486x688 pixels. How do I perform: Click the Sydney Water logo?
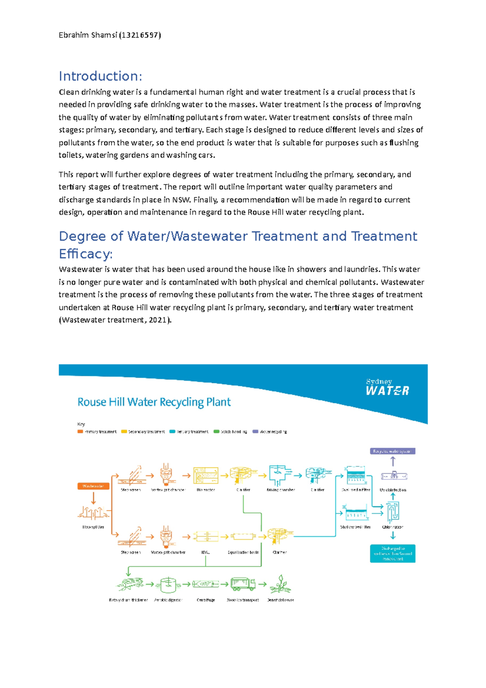coord(387,387)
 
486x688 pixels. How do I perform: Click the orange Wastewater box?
coord(93,486)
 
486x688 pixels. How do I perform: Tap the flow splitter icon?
coord(93,513)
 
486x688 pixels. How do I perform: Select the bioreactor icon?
coord(206,475)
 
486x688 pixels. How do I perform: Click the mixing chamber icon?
coord(280,475)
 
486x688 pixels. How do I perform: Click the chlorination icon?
coord(392,512)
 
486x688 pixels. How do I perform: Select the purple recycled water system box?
coord(392,451)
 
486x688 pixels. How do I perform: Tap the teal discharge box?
coord(392,553)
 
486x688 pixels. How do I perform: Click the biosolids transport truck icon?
coord(243,584)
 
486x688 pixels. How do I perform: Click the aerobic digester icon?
coord(168,584)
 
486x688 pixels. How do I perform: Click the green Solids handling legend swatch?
coord(216,432)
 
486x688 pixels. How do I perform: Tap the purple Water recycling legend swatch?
coord(255,432)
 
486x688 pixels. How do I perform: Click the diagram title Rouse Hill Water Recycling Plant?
coord(154,402)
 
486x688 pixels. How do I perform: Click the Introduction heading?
coord(100,76)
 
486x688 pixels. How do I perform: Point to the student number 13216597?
coord(140,35)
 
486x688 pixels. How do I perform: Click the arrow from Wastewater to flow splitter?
coord(94,498)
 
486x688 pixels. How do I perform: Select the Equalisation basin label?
coord(243,552)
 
